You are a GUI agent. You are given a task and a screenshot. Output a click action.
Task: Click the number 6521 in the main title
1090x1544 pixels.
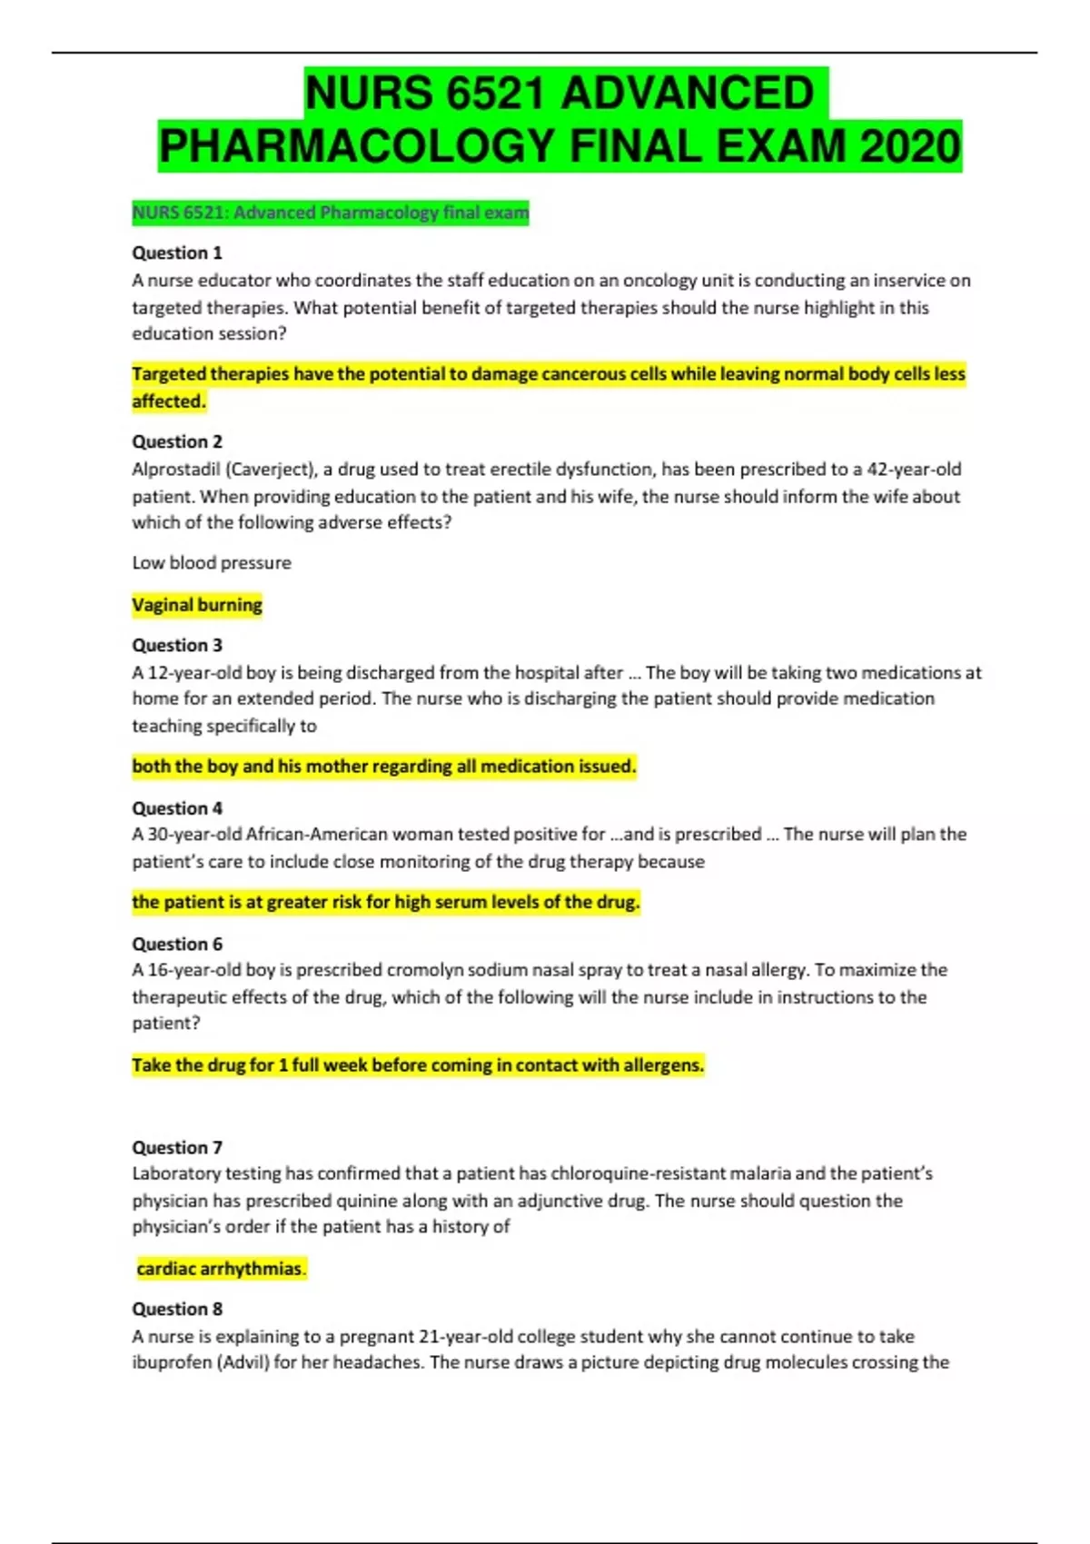[495, 94]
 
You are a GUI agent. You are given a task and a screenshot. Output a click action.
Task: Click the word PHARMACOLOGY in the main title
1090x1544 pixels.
[357, 146]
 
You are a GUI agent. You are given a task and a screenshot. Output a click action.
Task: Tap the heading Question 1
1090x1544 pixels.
[177, 252]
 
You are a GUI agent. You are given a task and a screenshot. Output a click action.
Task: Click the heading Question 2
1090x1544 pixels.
[177, 441]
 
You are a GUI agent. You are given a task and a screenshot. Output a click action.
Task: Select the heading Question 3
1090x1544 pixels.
[177, 645]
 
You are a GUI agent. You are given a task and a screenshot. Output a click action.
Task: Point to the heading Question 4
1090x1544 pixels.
[177, 807]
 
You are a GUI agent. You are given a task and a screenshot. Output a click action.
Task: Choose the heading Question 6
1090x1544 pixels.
[177, 944]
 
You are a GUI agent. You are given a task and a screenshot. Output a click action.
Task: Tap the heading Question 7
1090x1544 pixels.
[177, 1147]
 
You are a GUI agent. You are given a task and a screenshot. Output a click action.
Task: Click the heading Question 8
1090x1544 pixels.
[177, 1309]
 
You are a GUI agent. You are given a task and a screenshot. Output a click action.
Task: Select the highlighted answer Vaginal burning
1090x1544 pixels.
[197, 605]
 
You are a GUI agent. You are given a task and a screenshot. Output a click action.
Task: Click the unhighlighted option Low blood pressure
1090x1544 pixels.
[212, 563]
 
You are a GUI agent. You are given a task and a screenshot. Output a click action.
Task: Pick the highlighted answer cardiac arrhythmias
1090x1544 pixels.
[221, 1269]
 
